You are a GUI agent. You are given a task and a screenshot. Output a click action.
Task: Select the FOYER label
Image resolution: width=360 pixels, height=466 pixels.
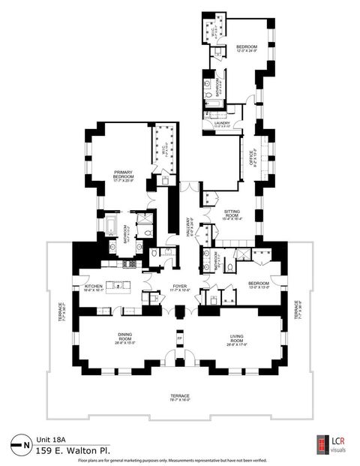coord(180,286)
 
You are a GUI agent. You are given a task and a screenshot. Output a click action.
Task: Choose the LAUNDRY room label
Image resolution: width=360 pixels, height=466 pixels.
coord(221,124)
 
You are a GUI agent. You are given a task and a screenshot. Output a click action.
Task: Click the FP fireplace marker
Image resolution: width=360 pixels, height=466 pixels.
coord(180,337)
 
